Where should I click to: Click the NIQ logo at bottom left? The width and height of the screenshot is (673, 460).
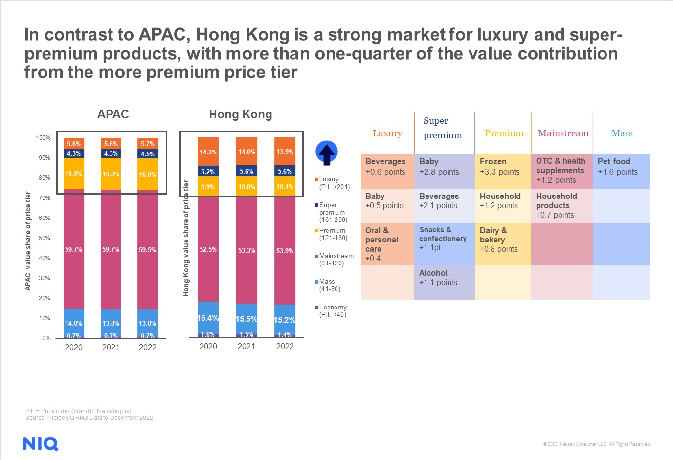(41, 443)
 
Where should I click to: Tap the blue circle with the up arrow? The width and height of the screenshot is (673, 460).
(327, 153)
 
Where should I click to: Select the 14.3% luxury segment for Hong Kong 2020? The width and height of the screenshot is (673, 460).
(208, 152)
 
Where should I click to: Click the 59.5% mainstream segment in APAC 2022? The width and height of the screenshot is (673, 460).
(147, 250)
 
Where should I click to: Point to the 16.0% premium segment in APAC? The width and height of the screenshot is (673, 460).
(147, 175)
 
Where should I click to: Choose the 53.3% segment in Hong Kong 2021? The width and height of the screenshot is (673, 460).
(246, 250)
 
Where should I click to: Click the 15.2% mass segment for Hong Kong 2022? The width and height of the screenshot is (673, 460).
(285, 320)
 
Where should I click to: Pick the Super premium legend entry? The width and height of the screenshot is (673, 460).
(332, 213)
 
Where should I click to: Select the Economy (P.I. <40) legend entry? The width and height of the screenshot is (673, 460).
(332, 311)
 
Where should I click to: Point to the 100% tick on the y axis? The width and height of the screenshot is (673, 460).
(44, 138)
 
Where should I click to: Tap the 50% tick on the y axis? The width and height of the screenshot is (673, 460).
(45, 238)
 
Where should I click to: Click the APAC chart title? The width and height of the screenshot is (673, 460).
(113, 114)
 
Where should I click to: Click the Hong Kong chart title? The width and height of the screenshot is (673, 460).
(241, 114)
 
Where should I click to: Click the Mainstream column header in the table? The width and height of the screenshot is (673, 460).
(563, 133)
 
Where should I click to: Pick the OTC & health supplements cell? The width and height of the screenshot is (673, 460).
(561, 171)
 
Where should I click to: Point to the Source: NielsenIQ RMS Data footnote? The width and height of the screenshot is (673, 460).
(89, 418)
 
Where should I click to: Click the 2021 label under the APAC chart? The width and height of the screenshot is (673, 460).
(111, 347)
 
